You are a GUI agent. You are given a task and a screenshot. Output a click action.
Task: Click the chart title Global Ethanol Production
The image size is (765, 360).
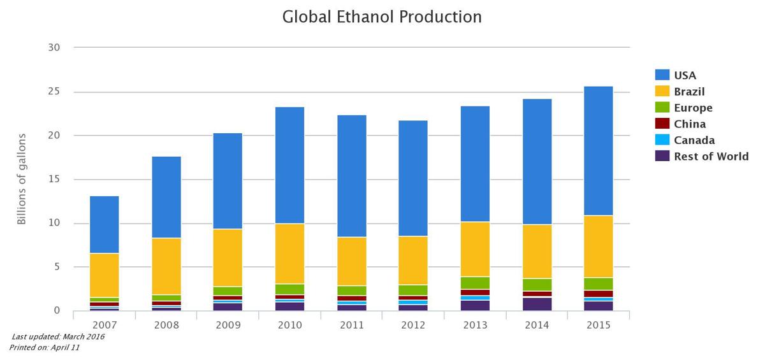point(382,17)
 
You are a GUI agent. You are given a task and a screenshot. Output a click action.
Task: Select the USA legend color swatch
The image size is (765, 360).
point(662,75)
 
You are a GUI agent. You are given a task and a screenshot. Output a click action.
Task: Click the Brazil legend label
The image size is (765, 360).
point(689,92)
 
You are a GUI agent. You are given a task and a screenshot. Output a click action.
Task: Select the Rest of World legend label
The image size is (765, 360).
point(711,156)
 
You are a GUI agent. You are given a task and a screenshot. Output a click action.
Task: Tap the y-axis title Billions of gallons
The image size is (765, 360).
point(22,179)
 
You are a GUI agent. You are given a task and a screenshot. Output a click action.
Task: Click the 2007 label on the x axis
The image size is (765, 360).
point(105,325)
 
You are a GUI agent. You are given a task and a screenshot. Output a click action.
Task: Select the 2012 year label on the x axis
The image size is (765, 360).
point(413,325)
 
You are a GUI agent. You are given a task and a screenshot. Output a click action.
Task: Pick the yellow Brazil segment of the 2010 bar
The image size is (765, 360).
point(289,254)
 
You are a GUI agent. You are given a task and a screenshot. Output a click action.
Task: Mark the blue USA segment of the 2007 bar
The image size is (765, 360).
point(105,224)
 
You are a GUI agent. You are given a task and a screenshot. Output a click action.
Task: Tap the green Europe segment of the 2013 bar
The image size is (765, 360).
point(475,283)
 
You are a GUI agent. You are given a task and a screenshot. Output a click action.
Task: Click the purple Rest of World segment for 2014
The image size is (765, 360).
point(537,304)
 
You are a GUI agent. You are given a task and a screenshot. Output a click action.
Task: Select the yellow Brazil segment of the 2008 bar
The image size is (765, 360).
point(166,266)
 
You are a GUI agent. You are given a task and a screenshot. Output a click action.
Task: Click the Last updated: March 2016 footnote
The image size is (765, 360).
point(58,337)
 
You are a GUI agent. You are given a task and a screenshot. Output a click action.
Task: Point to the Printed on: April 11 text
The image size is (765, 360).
point(44,348)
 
